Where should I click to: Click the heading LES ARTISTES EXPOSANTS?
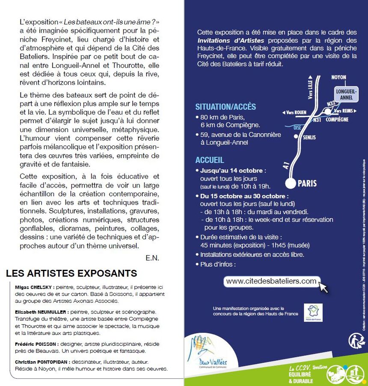pyautogui.click(x=71, y=273)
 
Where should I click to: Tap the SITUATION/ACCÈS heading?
pyautogui.click(x=226, y=107)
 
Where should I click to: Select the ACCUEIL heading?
pyautogui.click(x=210, y=160)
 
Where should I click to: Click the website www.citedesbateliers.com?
pyautogui.click(x=271, y=281)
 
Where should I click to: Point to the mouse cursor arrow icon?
pyautogui.click(x=324, y=287)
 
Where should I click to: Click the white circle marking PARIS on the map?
pyautogui.click(x=291, y=184)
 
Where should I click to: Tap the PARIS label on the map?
pyautogui.click(x=307, y=184)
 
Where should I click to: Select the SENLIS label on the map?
pyautogui.click(x=309, y=137)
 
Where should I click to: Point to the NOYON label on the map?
pyautogui.click(x=338, y=77)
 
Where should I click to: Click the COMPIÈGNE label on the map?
pyautogui.click(x=337, y=120)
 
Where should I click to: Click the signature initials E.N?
pyautogui.click(x=152, y=258)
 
